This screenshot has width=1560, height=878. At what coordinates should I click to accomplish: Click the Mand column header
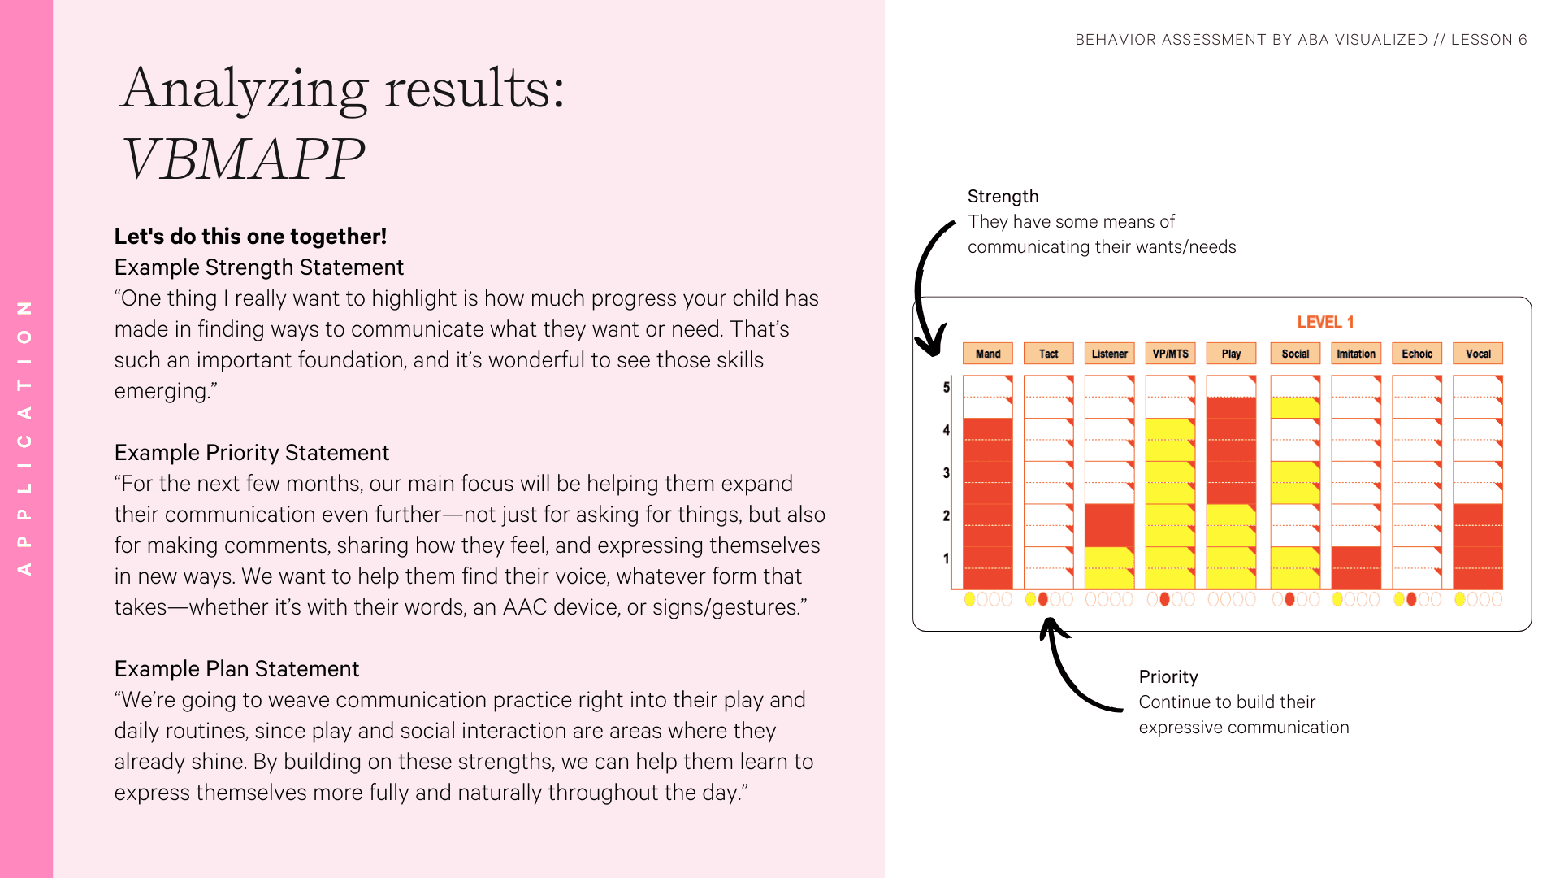tap(987, 354)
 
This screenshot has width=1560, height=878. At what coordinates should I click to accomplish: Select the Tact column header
tap(1048, 354)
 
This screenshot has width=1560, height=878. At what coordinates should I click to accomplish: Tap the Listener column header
tap(1109, 354)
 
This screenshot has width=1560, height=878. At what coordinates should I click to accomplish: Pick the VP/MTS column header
tap(1170, 354)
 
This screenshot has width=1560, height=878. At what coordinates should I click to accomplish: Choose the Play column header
tap(1231, 354)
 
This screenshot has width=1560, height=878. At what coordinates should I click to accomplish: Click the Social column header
tap(1295, 354)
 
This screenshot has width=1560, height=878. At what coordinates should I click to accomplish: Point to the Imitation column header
tap(1356, 354)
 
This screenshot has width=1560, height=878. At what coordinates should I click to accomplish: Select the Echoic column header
tap(1417, 354)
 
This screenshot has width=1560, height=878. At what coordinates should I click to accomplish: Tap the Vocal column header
tap(1478, 354)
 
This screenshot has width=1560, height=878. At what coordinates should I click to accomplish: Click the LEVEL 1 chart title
tap(1325, 322)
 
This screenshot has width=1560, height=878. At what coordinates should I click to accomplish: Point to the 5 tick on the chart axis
tap(946, 387)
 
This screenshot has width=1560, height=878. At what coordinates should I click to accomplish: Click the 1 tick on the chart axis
tap(946, 559)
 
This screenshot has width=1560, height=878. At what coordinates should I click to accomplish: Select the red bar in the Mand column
tap(987, 503)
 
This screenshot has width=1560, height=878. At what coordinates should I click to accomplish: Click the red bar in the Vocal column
tap(1478, 546)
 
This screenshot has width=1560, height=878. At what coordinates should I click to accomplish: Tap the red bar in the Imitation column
tap(1356, 567)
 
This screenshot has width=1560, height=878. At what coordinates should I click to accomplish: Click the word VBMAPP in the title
tap(242, 159)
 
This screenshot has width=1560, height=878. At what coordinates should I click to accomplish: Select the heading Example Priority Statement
tap(252, 453)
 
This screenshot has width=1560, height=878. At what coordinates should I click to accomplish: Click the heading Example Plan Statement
tap(236, 669)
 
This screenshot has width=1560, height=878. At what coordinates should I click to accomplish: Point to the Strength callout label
tap(1003, 197)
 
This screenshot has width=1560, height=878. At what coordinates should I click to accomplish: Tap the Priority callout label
tap(1168, 677)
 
